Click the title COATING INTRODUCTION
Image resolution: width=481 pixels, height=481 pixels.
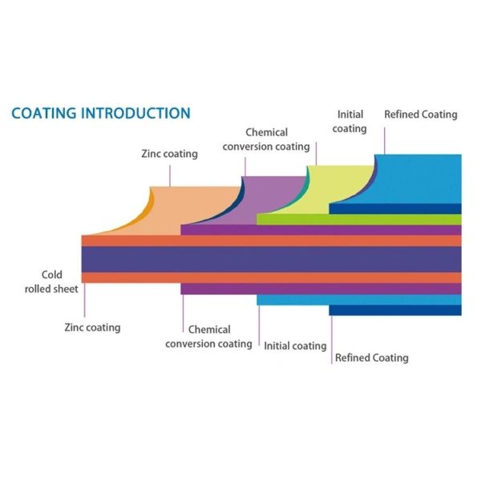point(101,113)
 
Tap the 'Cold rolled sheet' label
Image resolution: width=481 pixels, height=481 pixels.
point(51,281)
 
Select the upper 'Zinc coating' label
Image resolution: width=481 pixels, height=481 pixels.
point(169,154)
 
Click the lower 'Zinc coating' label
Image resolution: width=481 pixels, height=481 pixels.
point(92,327)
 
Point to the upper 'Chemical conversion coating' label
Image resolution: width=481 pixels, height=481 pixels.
point(266,139)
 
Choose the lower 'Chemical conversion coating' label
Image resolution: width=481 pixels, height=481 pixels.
point(208,337)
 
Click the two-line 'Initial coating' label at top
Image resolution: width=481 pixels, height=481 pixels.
point(350,122)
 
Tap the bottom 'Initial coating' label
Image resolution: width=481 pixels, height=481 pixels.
point(295,346)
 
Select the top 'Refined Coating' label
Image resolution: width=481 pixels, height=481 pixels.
point(421,115)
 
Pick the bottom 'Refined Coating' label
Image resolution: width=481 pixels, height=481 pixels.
point(372,358)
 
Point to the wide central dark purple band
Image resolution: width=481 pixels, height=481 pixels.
point(272,260)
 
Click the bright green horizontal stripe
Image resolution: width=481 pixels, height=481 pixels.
point(359,220)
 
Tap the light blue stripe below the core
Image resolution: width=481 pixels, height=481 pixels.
point(359,300)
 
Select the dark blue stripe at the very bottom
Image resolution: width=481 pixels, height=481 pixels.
point(395,310)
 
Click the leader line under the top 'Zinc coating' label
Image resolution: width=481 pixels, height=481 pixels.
point(170,176)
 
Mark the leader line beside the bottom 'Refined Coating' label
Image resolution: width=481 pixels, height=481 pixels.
point(332,340)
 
